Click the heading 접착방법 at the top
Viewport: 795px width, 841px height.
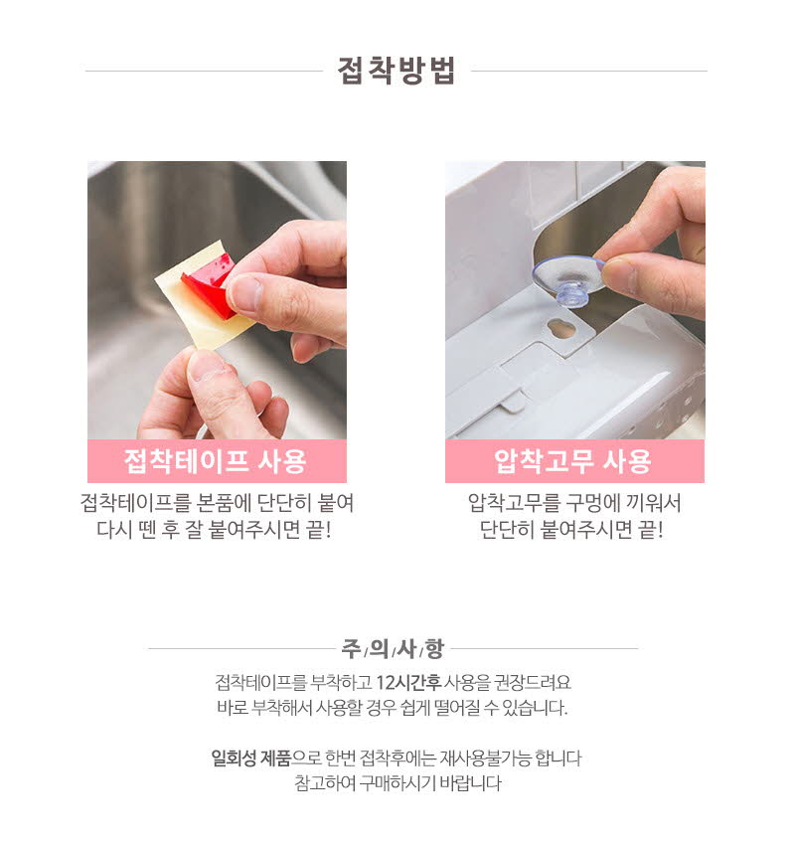[397, 71]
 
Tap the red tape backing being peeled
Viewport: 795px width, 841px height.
[209, 286]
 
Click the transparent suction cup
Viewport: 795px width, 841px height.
[568, 280]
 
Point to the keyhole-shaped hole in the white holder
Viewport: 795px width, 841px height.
[561, 328]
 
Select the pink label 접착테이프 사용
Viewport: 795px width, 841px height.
[216, 461]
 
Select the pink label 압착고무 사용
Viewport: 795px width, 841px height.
[574, 461]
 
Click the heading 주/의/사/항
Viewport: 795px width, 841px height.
[394, 648]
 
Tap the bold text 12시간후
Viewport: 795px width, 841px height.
[408, 682]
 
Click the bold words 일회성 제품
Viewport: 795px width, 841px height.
[250, 758]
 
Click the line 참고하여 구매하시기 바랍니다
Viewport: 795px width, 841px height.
[397, 783]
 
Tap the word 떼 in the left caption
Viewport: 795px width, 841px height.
[146, 530]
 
